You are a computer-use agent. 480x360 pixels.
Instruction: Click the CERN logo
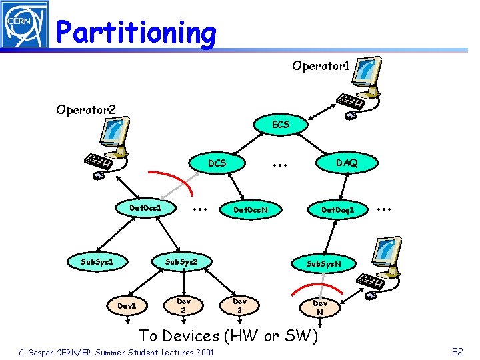coord(25,25)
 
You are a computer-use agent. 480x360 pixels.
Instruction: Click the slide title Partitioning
coord(136,31)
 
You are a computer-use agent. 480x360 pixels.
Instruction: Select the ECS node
coord(281,125)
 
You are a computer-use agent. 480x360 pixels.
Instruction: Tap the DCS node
coord(217,163)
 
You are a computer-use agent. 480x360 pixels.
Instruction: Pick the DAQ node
coord(346,163)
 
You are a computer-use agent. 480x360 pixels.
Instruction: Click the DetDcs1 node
coord(146,209)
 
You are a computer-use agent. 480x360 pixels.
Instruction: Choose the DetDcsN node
coord(250,210)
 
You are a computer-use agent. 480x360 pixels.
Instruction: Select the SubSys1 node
coord(93,261)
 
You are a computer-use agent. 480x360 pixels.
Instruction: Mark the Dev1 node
coord(127,305)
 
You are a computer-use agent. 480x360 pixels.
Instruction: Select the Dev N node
coord(320,308)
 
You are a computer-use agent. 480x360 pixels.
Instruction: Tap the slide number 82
coord(457,351)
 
